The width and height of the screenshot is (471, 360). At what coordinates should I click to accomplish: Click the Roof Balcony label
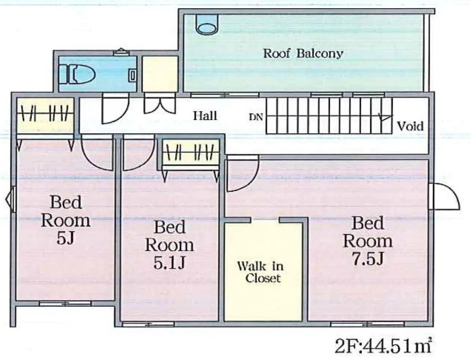point(303,53)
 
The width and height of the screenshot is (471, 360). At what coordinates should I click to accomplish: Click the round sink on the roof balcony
point(206,26)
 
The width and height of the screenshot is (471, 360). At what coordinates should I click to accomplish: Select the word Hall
point(205,116)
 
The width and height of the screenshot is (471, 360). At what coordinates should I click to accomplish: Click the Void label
point(410,126)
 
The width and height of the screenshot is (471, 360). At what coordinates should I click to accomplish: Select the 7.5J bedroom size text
point(368,258)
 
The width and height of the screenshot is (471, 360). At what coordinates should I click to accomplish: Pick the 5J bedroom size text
point(66,238)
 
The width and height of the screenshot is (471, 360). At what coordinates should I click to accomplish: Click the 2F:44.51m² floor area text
point(384,346)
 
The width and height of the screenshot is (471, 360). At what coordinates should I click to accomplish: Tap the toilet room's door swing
point(115,109)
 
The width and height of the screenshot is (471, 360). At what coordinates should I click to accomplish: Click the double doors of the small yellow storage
point(159,104)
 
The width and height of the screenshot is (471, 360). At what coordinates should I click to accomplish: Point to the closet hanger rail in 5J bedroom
point(45,113)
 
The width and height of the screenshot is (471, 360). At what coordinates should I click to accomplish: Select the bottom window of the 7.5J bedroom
point(367,324)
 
